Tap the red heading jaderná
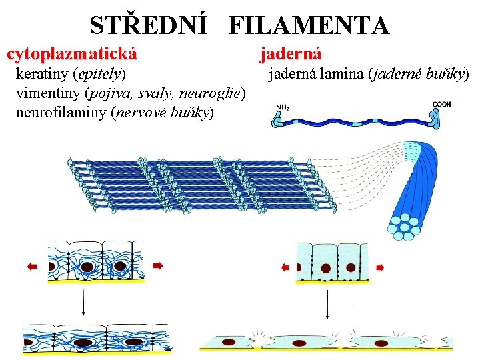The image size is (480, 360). [x=291, y=52]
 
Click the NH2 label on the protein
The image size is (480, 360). [x=282, y=106]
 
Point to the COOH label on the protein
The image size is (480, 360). [x=443, y=104]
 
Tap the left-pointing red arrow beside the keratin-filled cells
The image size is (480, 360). [x=32, y=266]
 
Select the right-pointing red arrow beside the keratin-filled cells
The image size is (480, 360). [x=158, y=265]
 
